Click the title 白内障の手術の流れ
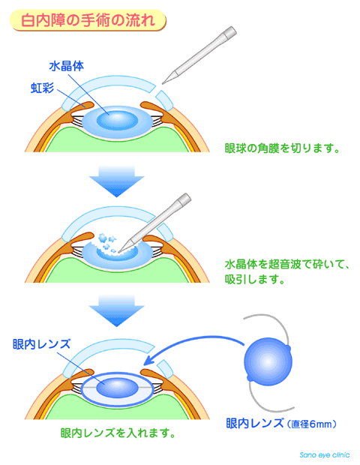[x=88, y=20]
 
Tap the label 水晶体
[x=67, y=66]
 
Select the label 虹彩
[x=43, y=88]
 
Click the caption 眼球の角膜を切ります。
[x=282, y=148]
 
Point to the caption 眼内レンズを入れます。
[x=118, y=433]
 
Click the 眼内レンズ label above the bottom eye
[x=42, y=344]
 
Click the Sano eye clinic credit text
[x=325, y=454]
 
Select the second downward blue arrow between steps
[x=116, y=310]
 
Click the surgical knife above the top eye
[x=199, y=55]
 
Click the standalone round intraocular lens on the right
[x=268, y=361]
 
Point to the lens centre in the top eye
[x=118, y=121]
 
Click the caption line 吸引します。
[x=255, y=279]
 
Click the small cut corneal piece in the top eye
[x=164, y=100]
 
